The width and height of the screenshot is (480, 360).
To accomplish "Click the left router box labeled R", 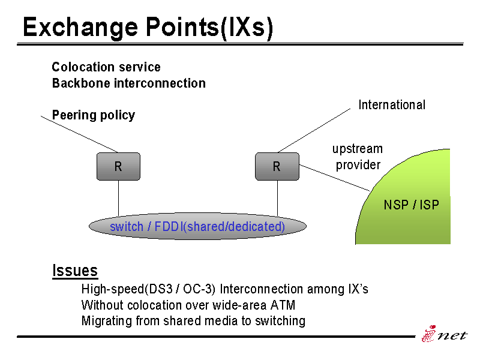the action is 118,167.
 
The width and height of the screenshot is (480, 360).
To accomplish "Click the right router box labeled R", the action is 277,167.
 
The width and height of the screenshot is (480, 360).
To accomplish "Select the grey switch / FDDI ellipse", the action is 197,226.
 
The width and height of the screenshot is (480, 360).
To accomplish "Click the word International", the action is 392,104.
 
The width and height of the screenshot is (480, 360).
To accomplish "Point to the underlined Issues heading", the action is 75,271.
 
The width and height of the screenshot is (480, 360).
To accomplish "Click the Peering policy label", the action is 94,115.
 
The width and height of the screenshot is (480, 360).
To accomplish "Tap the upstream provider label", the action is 358,157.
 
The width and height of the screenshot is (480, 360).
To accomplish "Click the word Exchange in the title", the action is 80,28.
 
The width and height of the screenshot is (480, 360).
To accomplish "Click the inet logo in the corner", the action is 445,334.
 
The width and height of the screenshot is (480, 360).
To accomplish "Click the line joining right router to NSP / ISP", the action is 335,178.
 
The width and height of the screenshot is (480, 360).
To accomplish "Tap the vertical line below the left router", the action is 118,198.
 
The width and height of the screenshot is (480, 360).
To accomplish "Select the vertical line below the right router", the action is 277,198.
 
